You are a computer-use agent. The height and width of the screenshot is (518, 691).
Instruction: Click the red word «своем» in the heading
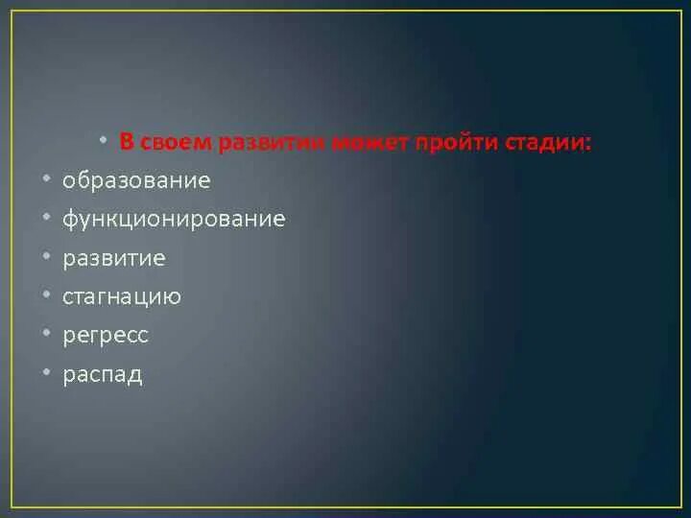click(177, 143)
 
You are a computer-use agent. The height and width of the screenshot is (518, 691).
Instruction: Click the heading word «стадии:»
click(549, 143)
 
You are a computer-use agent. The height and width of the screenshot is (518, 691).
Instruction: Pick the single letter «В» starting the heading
click(127, 143)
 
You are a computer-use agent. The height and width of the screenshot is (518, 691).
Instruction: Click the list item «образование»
click(136, 180)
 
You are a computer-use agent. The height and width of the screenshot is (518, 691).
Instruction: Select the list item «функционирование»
click(174, 219)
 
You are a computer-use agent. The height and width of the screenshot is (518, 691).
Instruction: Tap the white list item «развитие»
click(114, 258)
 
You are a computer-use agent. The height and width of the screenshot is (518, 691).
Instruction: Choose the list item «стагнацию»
click(122, 296)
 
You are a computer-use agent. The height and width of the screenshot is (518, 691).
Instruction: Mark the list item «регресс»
click(106, 336)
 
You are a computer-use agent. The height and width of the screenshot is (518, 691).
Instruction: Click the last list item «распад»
click(103, 374)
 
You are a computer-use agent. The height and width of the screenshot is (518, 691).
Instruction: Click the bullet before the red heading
click(103, 139)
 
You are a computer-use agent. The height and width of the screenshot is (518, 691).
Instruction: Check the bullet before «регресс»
click(46, 333)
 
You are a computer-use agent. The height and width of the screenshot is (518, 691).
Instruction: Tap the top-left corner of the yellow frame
click(11, 11)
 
